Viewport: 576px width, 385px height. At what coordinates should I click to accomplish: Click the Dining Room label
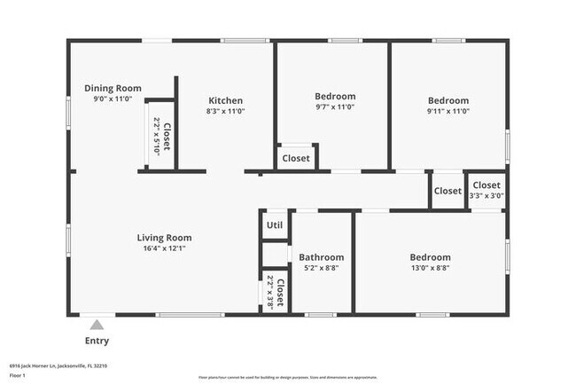pos(113,88)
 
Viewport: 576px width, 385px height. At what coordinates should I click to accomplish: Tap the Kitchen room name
pos(225,100)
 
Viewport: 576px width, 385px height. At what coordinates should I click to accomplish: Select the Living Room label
pos(164,237)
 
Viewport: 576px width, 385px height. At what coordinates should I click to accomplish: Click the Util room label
pos(275,224)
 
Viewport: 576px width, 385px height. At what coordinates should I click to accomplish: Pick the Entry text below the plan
pos(97,341)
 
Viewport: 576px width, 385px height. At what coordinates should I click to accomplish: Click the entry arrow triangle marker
pos(97,324)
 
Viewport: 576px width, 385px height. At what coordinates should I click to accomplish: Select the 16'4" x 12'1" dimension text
pos(164,248)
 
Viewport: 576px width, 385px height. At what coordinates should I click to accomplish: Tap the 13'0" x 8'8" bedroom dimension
pos(430,268)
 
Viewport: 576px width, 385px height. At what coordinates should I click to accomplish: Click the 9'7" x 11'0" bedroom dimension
pos(335,107)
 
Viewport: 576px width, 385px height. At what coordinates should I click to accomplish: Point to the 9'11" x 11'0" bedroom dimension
pos(448,112)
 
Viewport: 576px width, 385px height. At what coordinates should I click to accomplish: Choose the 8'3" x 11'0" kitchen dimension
pos(225,112)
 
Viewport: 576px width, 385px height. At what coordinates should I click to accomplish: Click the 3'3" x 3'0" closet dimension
pos(486,196)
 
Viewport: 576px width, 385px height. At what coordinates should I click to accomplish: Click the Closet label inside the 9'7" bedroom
pos(296,158)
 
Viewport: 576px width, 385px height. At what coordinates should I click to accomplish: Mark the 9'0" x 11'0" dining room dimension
pos(113,99)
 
